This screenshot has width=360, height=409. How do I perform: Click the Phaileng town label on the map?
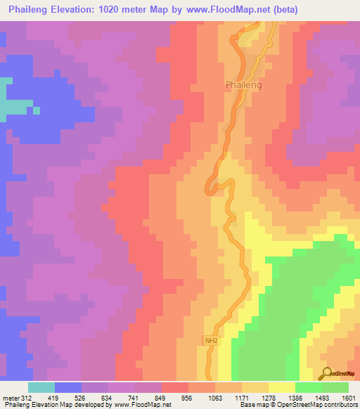click(244, 84)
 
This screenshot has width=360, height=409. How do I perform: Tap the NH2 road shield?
click(211, 341)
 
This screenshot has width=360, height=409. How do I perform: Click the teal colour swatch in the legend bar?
click(41, 387)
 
